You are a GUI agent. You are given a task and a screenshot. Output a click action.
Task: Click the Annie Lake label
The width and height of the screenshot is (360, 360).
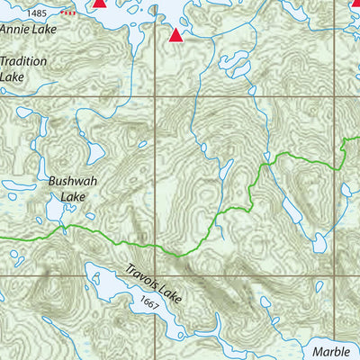26,29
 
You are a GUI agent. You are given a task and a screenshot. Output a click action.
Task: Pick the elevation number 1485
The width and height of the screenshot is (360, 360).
38,13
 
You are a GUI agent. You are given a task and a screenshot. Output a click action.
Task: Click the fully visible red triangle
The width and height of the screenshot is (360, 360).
175,36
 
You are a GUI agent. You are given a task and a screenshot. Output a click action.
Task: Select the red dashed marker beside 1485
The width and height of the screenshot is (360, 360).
67,14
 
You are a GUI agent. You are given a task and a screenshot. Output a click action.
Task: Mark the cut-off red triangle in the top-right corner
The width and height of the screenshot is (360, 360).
353,4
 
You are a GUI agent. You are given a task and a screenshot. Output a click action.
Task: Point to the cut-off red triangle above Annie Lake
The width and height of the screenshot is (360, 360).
100,4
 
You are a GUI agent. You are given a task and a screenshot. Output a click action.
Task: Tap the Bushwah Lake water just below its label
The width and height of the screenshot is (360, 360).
56,211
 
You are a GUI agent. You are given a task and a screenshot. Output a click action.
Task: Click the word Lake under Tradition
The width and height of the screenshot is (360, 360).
13,77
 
